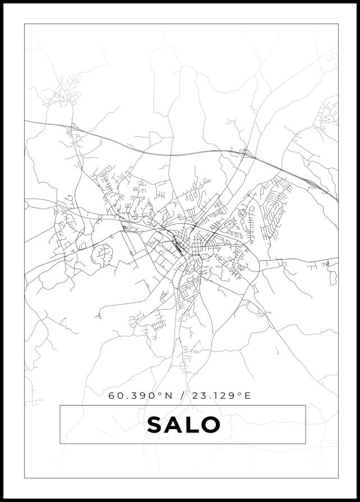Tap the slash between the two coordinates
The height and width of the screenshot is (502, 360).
[x=181, y=395]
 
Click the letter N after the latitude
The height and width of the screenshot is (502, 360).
[x=168, y=395]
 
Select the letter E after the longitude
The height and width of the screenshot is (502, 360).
[x=248, y=395]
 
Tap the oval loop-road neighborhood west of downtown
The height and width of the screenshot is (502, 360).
[x=103, y=255]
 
